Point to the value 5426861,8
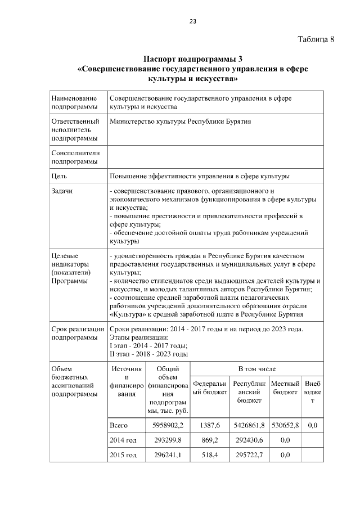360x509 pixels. [x=245, y=426]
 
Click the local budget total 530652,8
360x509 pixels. [x=285, y=426]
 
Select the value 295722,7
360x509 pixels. [x=245, y=454]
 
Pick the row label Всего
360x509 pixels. [x=120, y=426]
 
